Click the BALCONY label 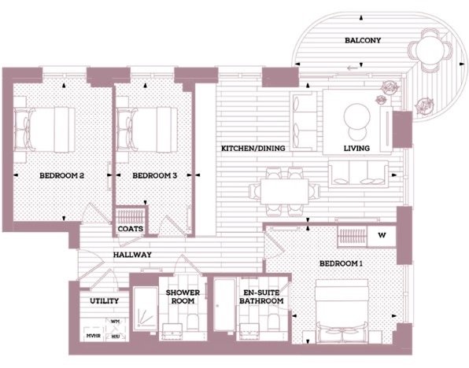tap(363, 40)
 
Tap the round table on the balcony tap(431, 50)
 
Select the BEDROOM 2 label tap(61, 175)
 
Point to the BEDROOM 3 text tap(155, 175)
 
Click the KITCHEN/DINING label tap(253, 148)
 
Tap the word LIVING tap(356, 148)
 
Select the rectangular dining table tap(284, 191)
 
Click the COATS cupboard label tap(131, 229)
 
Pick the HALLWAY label tap(132, 255)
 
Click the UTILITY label tap(105, 300)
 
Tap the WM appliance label tap(116, 322)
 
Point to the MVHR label tap(94, 336)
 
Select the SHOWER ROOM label tap(183, 296)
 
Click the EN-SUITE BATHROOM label tap(261, 296)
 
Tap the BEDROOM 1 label tap(341, 263)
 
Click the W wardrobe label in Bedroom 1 tap(382, 235)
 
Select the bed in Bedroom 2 tap(45, 130)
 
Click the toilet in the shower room tap(193, 322)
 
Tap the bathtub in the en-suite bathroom tap(224, 305)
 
